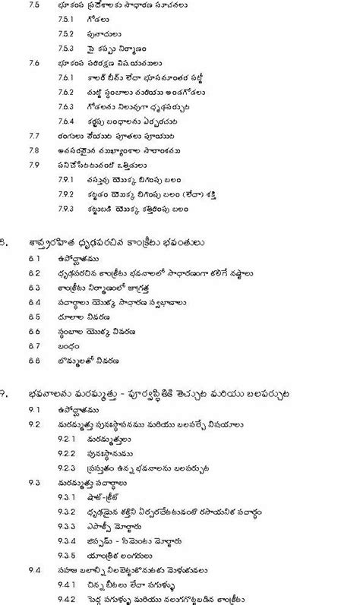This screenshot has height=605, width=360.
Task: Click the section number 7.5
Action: tap(33, 5)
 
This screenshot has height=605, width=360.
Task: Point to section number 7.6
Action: tap(33, 63)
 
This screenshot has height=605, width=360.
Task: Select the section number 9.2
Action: tap(33, 424)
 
